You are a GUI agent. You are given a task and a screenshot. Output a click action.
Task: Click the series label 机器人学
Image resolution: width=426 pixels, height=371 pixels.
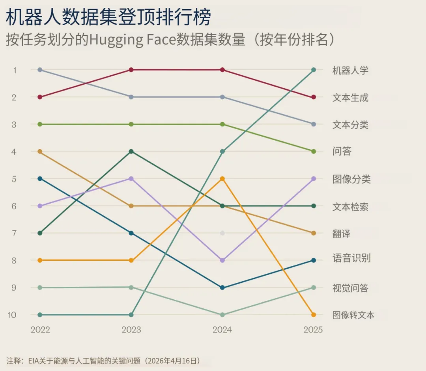pyautogui.click(x=350, y=70)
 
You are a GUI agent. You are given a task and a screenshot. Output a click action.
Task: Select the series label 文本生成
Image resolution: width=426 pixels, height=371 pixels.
pyautogui.click(x=350, y=98)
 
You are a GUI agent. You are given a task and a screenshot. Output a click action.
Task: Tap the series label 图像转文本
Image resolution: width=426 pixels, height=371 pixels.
pyautogui.click(x=353, y=315)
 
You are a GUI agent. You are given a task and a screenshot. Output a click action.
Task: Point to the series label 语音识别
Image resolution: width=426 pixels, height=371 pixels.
pyautogui.click(x=351, y=258)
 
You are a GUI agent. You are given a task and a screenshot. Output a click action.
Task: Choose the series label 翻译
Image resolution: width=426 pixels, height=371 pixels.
pyautogui.click(x=341, y=234)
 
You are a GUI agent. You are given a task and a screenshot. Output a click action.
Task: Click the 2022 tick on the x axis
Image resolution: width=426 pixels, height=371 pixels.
pyautogui.click(x=40, y=330)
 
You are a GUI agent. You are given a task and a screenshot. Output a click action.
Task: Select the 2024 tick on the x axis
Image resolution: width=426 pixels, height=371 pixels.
pyautogui.click(x=222, y=330)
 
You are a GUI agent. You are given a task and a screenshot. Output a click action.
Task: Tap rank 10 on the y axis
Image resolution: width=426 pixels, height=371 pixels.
pyautogui.click(x=12, y=315)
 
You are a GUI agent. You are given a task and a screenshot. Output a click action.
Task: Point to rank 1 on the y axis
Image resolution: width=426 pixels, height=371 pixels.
pyautogui.click(x=15, y=70)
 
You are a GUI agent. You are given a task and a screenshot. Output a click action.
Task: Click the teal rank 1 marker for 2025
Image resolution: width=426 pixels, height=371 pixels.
pyautogui.click(x=314, y=70)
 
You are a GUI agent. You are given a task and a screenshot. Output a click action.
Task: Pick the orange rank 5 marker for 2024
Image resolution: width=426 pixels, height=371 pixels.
pyautogui.click(x=222, y=179)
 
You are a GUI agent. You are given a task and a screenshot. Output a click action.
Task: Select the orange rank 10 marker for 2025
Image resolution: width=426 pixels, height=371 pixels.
pyautogui.click(x=314, y=315)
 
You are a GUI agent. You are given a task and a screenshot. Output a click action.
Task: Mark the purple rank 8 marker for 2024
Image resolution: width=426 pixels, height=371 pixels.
pyautogui.click(x=222, y=260)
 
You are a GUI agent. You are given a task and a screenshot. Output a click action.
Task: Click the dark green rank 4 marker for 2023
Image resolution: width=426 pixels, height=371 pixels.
pyautogui.click(x=131, y=151)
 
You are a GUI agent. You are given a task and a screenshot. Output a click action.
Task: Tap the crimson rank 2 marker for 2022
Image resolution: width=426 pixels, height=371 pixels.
pyautogui.click(x=40, y=97)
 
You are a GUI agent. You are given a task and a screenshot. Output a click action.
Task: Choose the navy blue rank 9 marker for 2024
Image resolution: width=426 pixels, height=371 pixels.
pyautogui.click(x=222, y=288)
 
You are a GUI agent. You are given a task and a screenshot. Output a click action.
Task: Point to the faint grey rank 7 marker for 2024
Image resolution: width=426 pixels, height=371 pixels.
pyautogui.click(x=222, y=233)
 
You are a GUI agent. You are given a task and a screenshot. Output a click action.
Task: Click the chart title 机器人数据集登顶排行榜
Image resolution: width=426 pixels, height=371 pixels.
pyautogui.click(x=108, y=17)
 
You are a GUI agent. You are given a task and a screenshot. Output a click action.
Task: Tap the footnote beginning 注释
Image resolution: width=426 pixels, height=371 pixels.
pyautogui.click(x=103, y=361)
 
